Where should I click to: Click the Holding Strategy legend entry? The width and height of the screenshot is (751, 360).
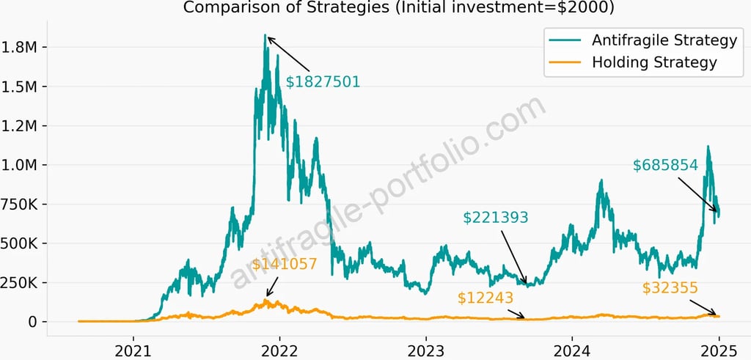[653, 62]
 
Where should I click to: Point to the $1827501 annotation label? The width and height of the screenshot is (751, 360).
[323, 81]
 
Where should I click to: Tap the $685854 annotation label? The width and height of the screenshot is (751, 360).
[665, 166]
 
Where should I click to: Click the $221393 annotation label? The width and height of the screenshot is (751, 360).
[496, 217]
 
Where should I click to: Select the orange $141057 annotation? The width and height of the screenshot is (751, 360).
[285, 264]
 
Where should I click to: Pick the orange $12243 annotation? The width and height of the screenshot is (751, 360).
[486, 298]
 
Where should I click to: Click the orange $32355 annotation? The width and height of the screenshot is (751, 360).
[670, 287]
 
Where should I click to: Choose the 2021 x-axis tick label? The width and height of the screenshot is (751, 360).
[133, 349]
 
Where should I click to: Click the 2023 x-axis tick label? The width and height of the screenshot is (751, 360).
[426, 349]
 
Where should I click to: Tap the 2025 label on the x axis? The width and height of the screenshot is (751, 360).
[719, 349]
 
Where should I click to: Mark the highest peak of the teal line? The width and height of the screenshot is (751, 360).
[265, 35]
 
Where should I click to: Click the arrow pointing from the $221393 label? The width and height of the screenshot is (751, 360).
[513, 257]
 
